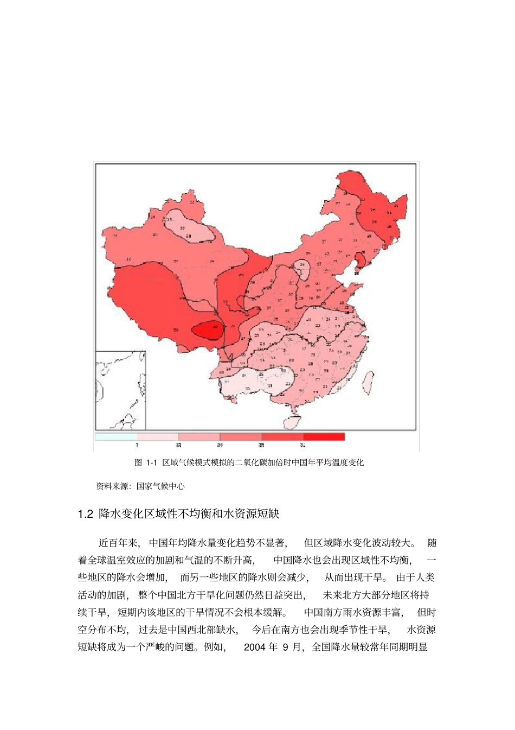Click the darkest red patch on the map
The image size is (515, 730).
tap(209, 329)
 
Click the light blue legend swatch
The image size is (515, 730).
tap(116, 436)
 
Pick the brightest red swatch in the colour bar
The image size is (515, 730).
tap(324, 436)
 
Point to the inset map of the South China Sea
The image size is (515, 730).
tap(120, 390)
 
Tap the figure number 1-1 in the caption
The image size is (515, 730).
tap(151, 463)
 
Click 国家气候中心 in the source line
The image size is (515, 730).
tap(160, 486)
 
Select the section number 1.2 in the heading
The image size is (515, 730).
tap(86, 513)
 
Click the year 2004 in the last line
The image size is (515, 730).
tap(254, 647)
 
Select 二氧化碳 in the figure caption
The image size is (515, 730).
tap(252, 463)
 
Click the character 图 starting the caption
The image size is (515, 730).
tap(138, 463)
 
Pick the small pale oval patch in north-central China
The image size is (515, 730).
tap(302, 268)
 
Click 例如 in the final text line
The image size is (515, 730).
tap(215, 647)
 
